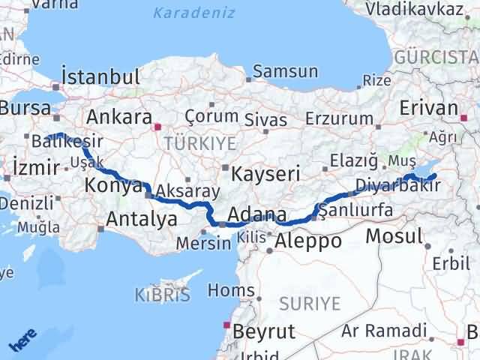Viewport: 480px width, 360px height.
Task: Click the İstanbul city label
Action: tap(100, 77)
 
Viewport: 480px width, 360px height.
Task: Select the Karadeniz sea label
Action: tap(193, 13)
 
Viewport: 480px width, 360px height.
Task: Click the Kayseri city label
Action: tap(265, 173)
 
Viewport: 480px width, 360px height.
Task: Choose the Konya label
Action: tap(113, 185)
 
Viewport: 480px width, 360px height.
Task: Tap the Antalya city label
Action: tap(142, 219)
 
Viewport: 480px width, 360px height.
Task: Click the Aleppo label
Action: tap(308, 241)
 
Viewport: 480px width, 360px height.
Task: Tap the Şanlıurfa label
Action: tap(355, 210)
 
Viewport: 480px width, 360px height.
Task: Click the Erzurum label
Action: tap(337, 118)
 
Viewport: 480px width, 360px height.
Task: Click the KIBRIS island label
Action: tap(163, 295)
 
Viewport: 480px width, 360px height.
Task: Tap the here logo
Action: tap(22, 341)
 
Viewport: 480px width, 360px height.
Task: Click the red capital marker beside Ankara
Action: tap(157, 127)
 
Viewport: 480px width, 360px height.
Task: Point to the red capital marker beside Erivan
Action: tap(465, 118)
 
